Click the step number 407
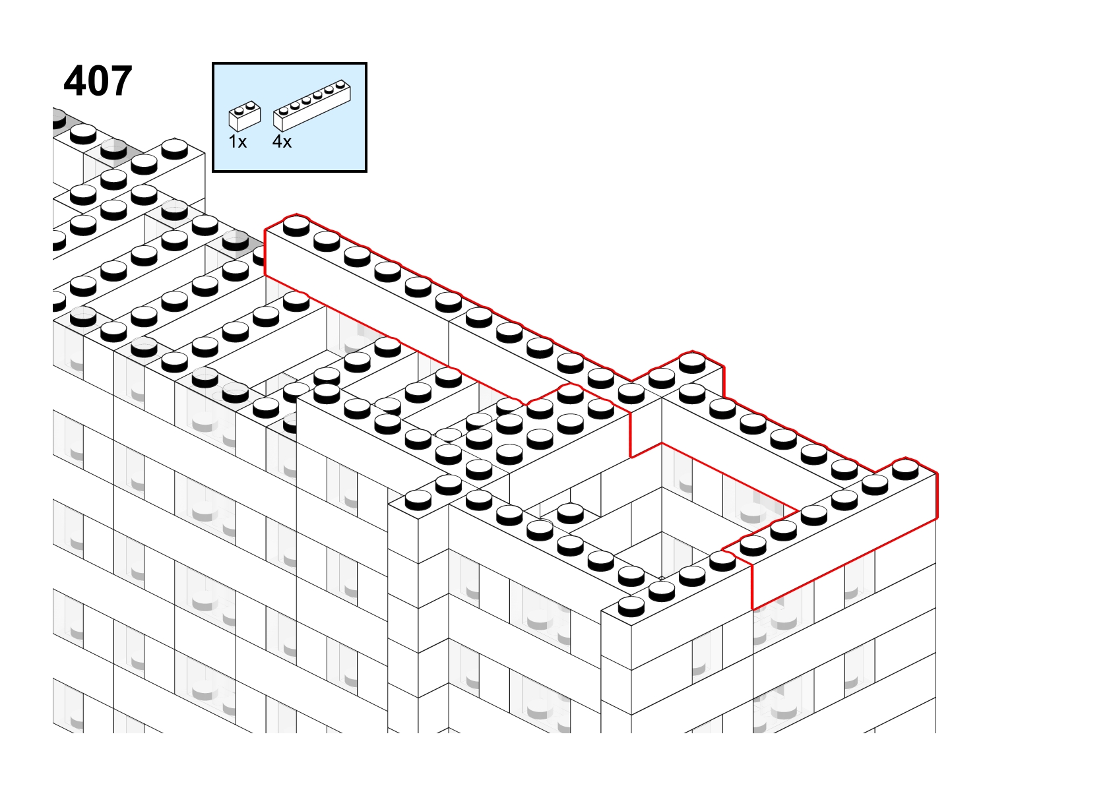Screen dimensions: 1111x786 point(98,81)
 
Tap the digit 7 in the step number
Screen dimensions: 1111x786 point(121,81)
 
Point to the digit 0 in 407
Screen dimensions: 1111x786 point(98,81)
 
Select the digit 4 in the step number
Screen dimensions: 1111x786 point(75,81)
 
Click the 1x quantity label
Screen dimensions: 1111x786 point(238,142)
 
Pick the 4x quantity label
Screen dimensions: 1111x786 point(282,142)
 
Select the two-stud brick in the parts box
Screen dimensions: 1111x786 point(245,117)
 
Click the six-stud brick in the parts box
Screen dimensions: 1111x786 point(312,106)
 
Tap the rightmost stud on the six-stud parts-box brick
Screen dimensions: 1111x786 point(340,84)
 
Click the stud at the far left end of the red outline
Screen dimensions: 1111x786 point(297,225)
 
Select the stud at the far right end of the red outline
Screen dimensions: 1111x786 point(905,469)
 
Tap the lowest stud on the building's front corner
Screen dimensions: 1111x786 point(631,605)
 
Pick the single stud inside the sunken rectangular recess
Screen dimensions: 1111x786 point(571,514)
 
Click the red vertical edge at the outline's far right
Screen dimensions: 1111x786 point(937,497)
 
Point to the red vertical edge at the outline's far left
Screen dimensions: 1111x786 point(265,253)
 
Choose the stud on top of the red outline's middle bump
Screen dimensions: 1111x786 point(692,362)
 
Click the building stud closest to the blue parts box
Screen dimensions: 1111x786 point(175,148)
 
